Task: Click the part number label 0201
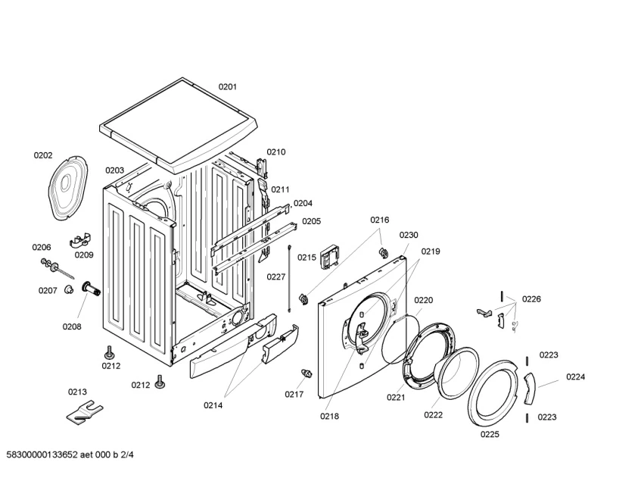pos(228,87)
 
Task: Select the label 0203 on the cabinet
pos(114,170)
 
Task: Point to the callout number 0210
pos(276,152)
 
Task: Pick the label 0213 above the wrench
pos(77,392)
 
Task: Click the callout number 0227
pos(275,277)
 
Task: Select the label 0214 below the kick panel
pos(213,405)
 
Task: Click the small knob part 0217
pos(307,373)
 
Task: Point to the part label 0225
pos(490,435)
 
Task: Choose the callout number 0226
pos(531,299)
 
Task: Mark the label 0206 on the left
pos(42,248)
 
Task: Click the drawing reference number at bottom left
pos(69,454)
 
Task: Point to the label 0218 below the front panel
pos(329,415)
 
